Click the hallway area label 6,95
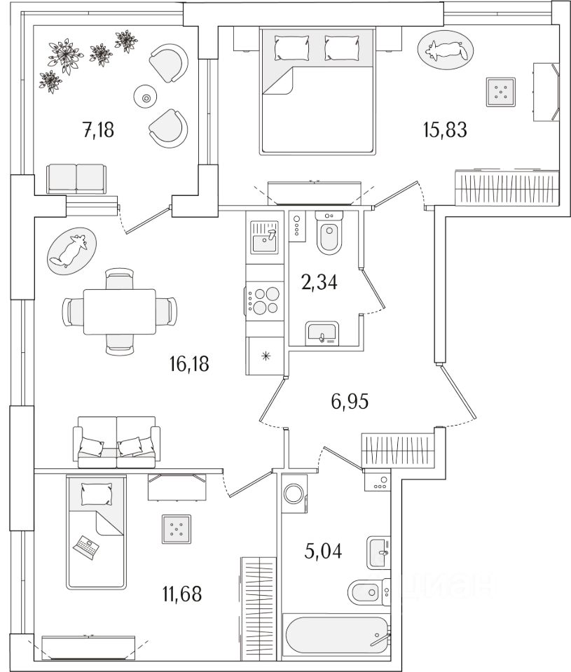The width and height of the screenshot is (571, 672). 350,401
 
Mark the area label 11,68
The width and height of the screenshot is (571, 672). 181,595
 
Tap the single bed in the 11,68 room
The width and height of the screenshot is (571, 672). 97,532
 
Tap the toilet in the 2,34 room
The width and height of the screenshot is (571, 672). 327,236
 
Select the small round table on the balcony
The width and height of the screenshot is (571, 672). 146,99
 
